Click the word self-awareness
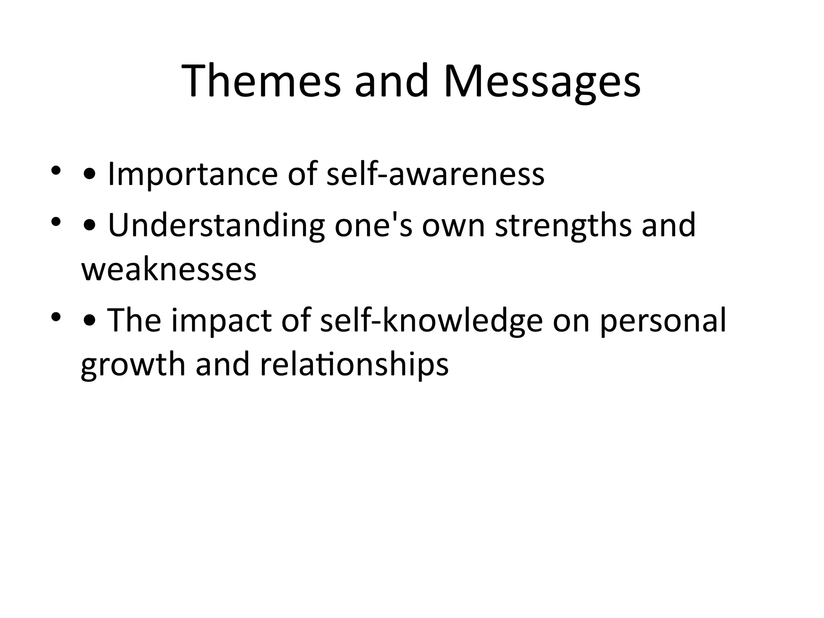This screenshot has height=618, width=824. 435,174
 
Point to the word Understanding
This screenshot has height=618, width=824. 216,226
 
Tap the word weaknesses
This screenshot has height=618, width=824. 169,270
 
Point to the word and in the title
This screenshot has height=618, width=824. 391,81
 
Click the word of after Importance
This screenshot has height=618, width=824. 301,174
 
